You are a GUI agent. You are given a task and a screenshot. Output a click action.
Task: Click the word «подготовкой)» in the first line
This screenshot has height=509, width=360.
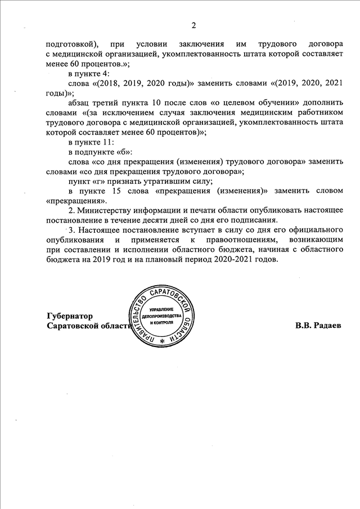[72, 43]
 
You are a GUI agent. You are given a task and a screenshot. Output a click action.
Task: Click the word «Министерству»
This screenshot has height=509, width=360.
[106, 210]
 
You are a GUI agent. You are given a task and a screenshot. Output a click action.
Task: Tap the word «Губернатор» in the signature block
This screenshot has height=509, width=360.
[70, 316]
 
